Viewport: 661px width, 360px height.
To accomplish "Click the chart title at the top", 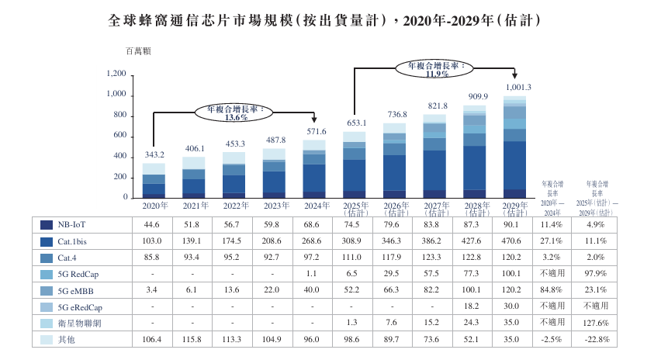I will click(x=329, y=21).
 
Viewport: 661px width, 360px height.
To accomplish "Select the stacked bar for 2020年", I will click(x=154, y=180).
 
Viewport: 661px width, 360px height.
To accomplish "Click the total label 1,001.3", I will click(x=517, y=87).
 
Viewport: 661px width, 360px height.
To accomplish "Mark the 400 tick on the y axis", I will click(x=119, y=157).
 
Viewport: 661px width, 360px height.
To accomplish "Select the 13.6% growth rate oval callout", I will click(x=230, y=113).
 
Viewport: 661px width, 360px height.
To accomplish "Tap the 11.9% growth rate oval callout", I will click(x=431, y=70).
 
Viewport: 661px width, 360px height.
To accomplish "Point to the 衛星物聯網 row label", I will click(x=77, y=323).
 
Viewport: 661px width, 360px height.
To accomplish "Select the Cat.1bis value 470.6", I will click(x=514, y=241).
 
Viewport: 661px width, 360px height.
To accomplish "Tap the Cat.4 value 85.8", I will click(x=153, y=258).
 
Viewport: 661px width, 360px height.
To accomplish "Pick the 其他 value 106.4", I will click(x=153, y=339).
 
